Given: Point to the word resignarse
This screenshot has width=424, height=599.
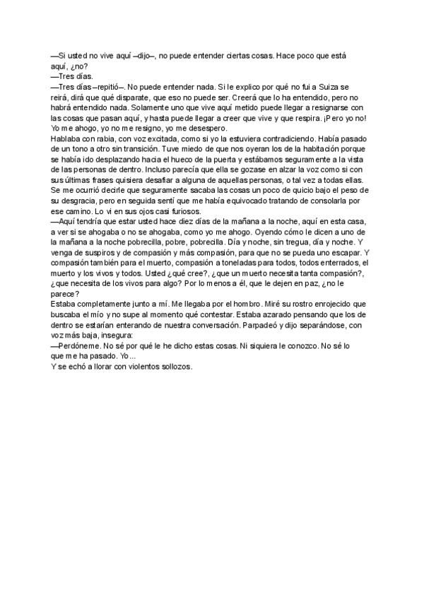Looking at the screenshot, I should coord(329,110).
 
